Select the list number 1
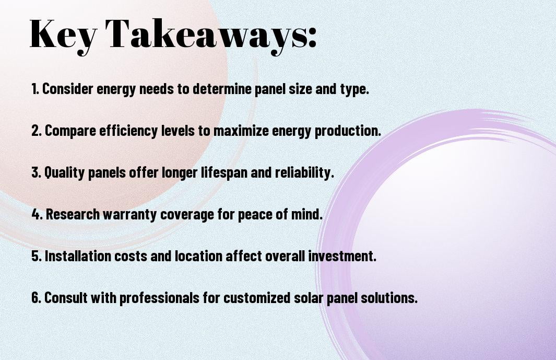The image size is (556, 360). click(x=34, y=89)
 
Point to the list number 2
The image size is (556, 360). click(x=36, y=131)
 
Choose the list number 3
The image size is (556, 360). click(x=36, y=172)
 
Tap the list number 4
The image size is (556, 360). click(x=37, y=214)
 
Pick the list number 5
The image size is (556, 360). click(x=36, y=256)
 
